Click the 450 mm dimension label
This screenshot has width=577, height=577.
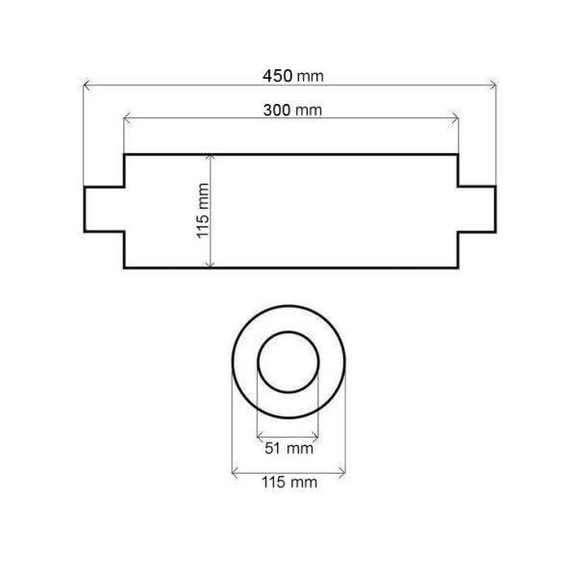(293, 76)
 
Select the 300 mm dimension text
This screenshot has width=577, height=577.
(292, 110)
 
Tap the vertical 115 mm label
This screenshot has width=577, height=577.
(203, 211)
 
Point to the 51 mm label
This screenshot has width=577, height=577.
(288, 448)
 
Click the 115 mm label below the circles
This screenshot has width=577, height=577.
(289, 482)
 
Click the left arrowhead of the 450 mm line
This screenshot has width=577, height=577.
(87, 86)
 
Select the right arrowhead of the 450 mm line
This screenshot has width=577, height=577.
(492, 86)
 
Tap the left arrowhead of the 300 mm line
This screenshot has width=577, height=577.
(127, 118)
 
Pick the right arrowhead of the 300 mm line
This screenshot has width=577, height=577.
(455, 118)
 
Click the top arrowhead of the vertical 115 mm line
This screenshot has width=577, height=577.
(210, 159)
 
